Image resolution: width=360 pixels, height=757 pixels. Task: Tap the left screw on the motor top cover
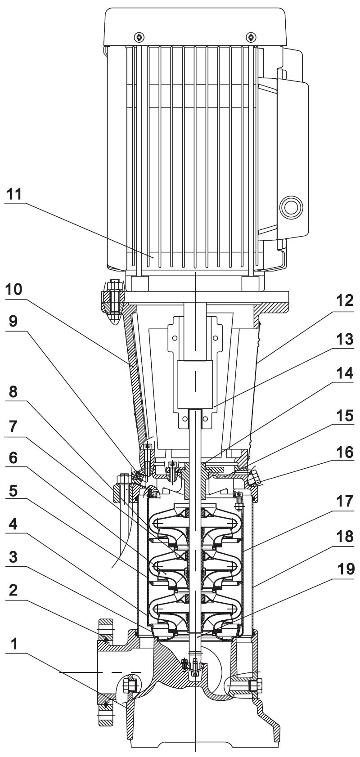139,37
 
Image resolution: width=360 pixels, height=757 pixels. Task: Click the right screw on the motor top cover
250,37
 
